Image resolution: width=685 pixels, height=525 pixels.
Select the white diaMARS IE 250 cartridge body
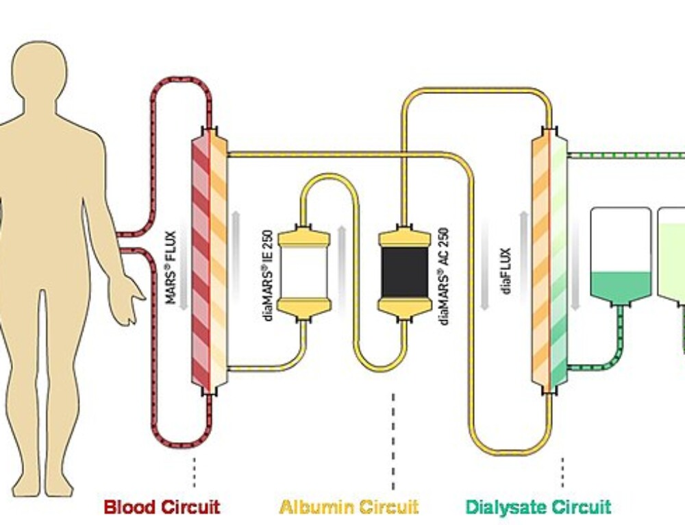(303, 273)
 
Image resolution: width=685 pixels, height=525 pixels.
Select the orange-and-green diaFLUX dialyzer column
(550, 260)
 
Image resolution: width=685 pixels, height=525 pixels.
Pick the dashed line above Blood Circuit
(195, 472)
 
